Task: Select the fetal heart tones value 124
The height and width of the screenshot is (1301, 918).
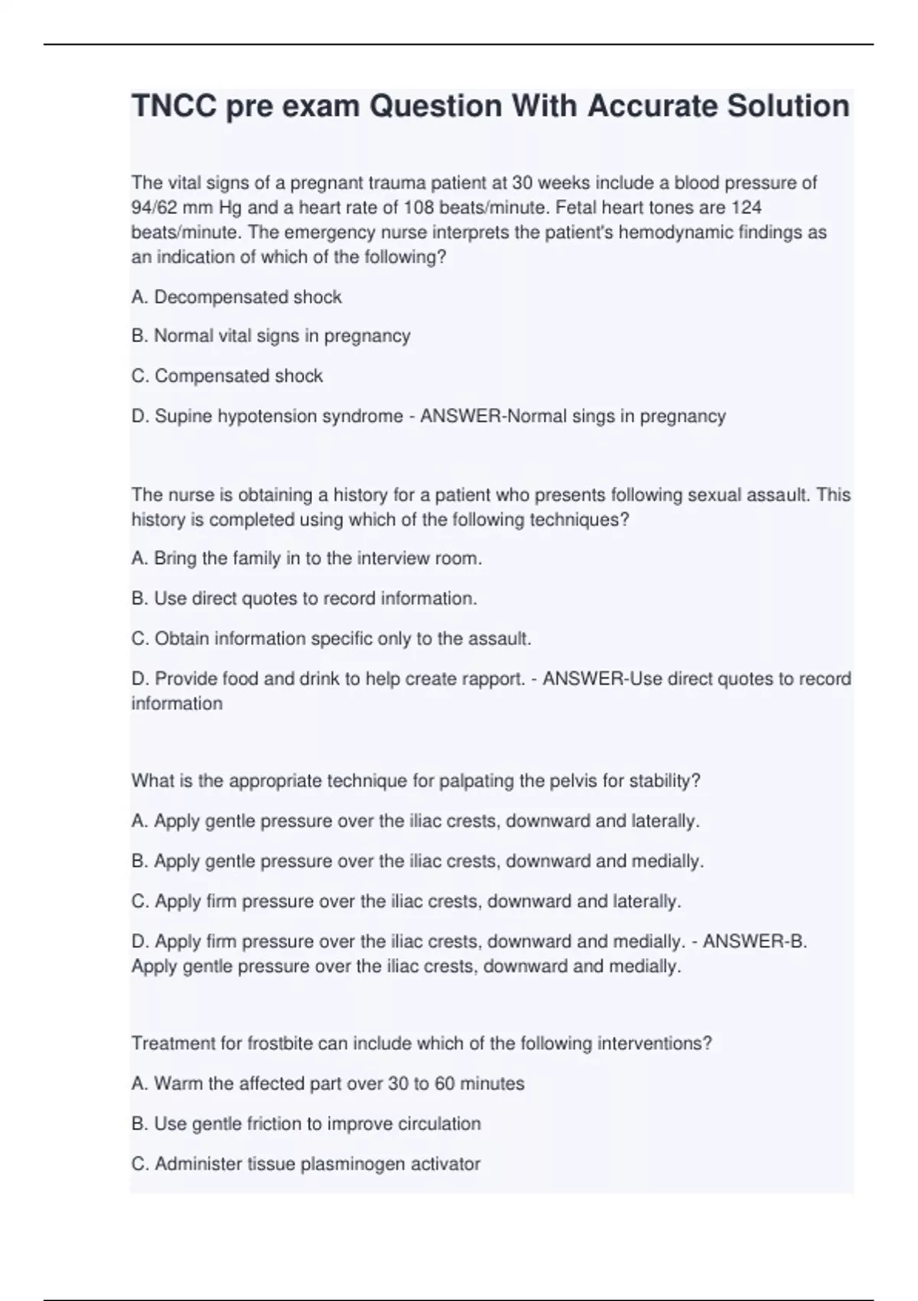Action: point(746,207)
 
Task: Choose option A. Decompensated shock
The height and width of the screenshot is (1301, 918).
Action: point(236,297)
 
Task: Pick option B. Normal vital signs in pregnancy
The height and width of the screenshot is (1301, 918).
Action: point(271,336)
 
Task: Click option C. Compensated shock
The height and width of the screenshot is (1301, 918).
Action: point(227,376)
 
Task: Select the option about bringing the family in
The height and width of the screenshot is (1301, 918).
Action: point(307,559)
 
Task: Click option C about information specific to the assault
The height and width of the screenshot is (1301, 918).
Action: point(331,638)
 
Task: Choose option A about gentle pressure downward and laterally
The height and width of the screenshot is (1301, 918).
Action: point(415,821)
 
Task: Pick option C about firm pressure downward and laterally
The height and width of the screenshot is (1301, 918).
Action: point(406,902)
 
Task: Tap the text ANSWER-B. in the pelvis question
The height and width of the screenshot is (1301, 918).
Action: point(754,941)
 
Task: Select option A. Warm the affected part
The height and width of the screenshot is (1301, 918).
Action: point(328,1084)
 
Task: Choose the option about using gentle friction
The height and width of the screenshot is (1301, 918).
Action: point(306,1123)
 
